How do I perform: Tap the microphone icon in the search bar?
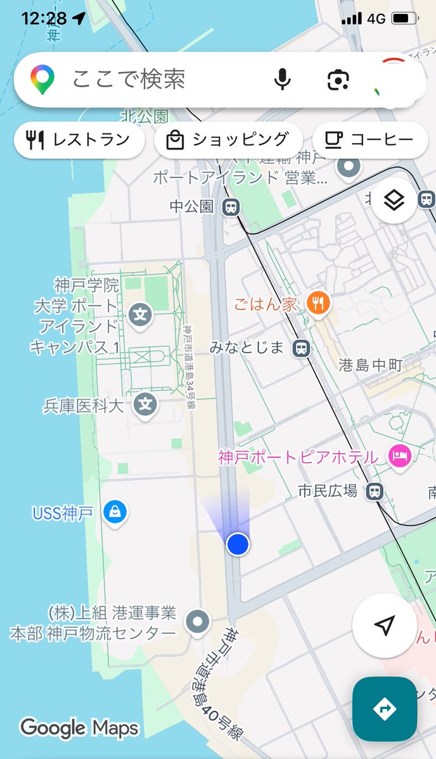pyautogui.click(x=283, y=80)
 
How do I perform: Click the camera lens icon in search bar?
pyautogui.click(x=338, y=80)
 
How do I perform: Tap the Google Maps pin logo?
pyautogui.click(x=42, y=80)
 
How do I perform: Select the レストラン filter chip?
pyautogui.click(x=79, y=140)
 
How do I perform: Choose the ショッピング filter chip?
pyautogui.click(x=228, y=140)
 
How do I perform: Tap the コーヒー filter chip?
pyautogui.click(x=369, y=140)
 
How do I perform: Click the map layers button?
pyautogui.click(x=394, y=201)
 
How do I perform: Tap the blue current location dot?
pyautogui.click(x=238, y=544)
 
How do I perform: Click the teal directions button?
pyautogui.click(x=385, y=709)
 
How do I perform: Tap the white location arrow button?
pyautogui.click(x=384, y=625)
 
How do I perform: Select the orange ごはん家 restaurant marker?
pyautogui.click(x=318, y=304)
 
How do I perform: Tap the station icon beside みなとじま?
pyautogui.click(x=302, y=348)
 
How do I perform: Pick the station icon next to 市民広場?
pyautogui.click(x=375, y=491)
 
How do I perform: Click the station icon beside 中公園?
pyautogui.click(x=231, y=206)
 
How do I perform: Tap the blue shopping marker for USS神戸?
pyautogui.click(x=115, y=511)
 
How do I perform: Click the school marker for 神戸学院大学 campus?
pyautogui.click(x=140, y=314)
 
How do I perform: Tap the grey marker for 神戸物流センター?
pyautogui.click(x=198, y=622)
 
